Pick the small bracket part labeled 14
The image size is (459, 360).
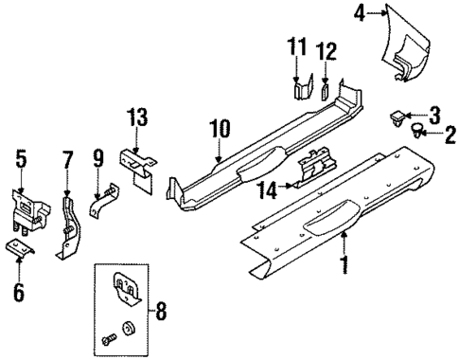click(315, 173)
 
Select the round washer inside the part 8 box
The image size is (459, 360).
click(129, 331)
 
